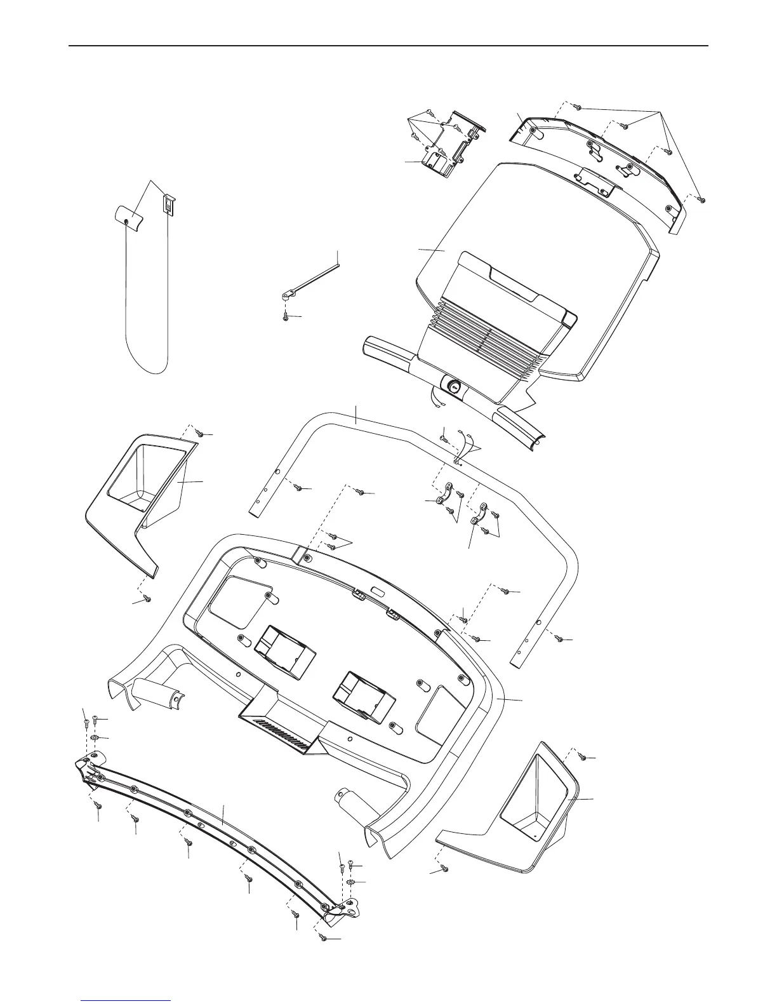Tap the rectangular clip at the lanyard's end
[169, 205]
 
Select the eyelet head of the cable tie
[287, 294]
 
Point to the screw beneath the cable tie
[286, 316]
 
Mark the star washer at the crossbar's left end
[94, 738]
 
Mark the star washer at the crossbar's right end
[350, 883]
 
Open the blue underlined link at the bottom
[126, 999]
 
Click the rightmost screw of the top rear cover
[701, 199]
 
